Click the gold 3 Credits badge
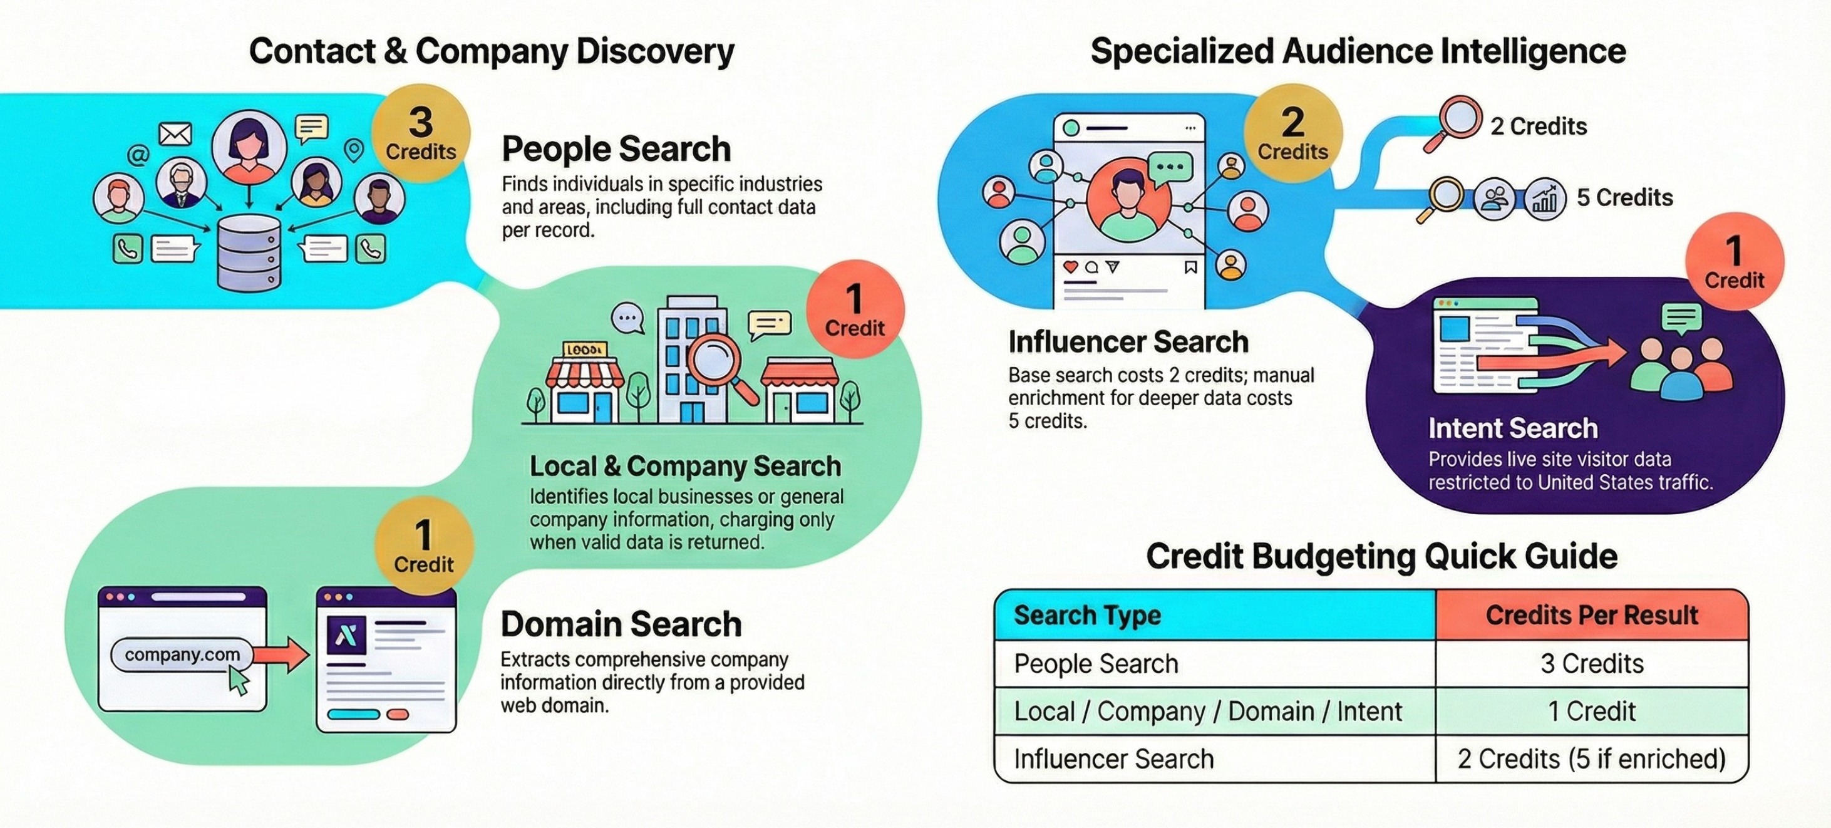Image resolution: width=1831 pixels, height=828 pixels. (x=421, y=133)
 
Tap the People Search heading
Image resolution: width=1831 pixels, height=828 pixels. (x=616, y=149)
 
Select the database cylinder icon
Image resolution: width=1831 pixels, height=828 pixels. (x=249, y=253)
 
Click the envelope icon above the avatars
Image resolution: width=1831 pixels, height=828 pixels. (x=175, y=133)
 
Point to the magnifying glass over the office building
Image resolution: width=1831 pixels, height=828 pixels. (x=716, y=361)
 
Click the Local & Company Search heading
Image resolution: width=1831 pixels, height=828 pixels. (x=685, y=466)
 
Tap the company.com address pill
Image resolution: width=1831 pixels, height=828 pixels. (x=182, y=655)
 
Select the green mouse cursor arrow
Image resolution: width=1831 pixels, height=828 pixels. (x=239, y=682)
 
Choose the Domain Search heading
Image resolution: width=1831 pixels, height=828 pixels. (x=621, y=624)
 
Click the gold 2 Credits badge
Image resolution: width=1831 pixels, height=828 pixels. (x=1292, y=133)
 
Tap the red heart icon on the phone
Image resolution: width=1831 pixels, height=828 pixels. (x=1070, y=267)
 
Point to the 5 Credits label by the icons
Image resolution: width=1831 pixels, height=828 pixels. (x=1624, y=197)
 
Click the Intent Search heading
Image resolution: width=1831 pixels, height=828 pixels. (x=1512, y=428)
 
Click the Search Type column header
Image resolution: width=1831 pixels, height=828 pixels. (x=1087, y=616)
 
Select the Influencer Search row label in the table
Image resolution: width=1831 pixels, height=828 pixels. (x=1113, y=759)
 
